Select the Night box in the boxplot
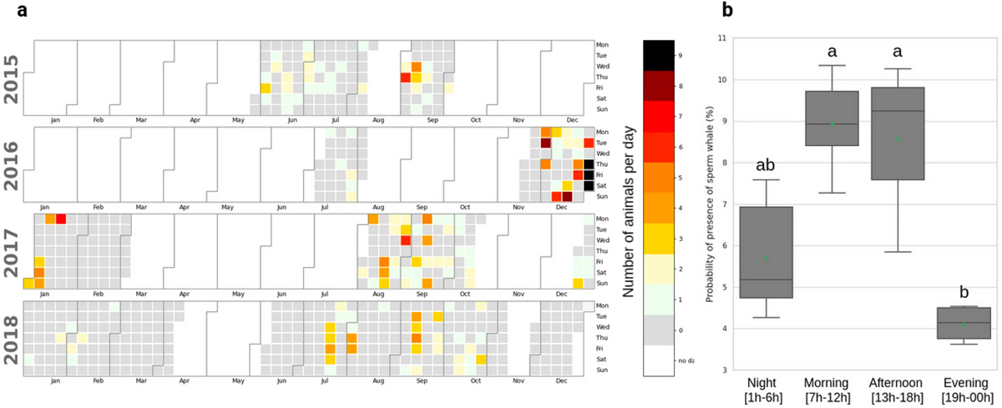767,252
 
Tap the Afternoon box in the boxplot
898,133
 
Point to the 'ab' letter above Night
767,166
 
